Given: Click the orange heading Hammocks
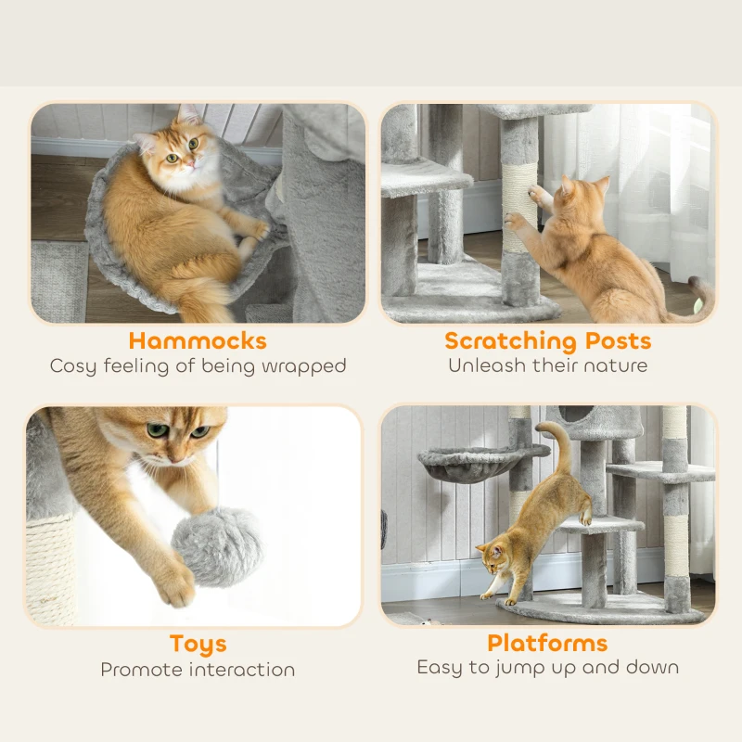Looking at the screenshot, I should (x=198, y=340).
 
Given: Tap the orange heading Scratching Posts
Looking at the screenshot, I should (x=547, y=340).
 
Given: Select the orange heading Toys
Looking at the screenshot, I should (x=198, y=644).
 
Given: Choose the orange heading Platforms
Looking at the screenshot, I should (x=547, y=643).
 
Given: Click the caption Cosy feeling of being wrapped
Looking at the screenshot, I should (x=198, y=365).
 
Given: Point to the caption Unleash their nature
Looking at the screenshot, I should (x=547, y=365).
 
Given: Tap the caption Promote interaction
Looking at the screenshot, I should (x=198, y=669).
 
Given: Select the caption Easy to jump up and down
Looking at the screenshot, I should (x=547, y=667).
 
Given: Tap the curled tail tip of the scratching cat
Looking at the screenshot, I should (x=703, y=295).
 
